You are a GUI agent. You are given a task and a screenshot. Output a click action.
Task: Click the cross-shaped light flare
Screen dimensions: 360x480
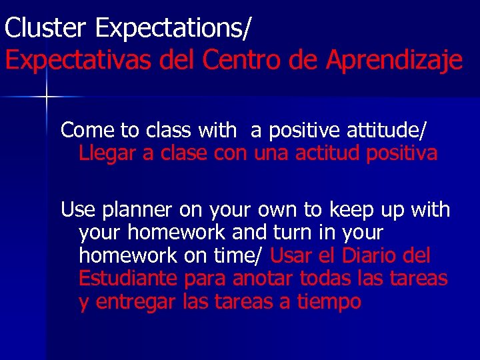(x=47, y=97)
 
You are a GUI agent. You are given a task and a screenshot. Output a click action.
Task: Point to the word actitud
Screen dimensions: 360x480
(x=329, y=153)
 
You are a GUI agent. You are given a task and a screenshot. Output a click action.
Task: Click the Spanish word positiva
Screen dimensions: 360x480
(x=402, y=153)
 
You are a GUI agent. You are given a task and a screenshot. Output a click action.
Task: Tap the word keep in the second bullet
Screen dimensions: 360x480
(x=351, y=210)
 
